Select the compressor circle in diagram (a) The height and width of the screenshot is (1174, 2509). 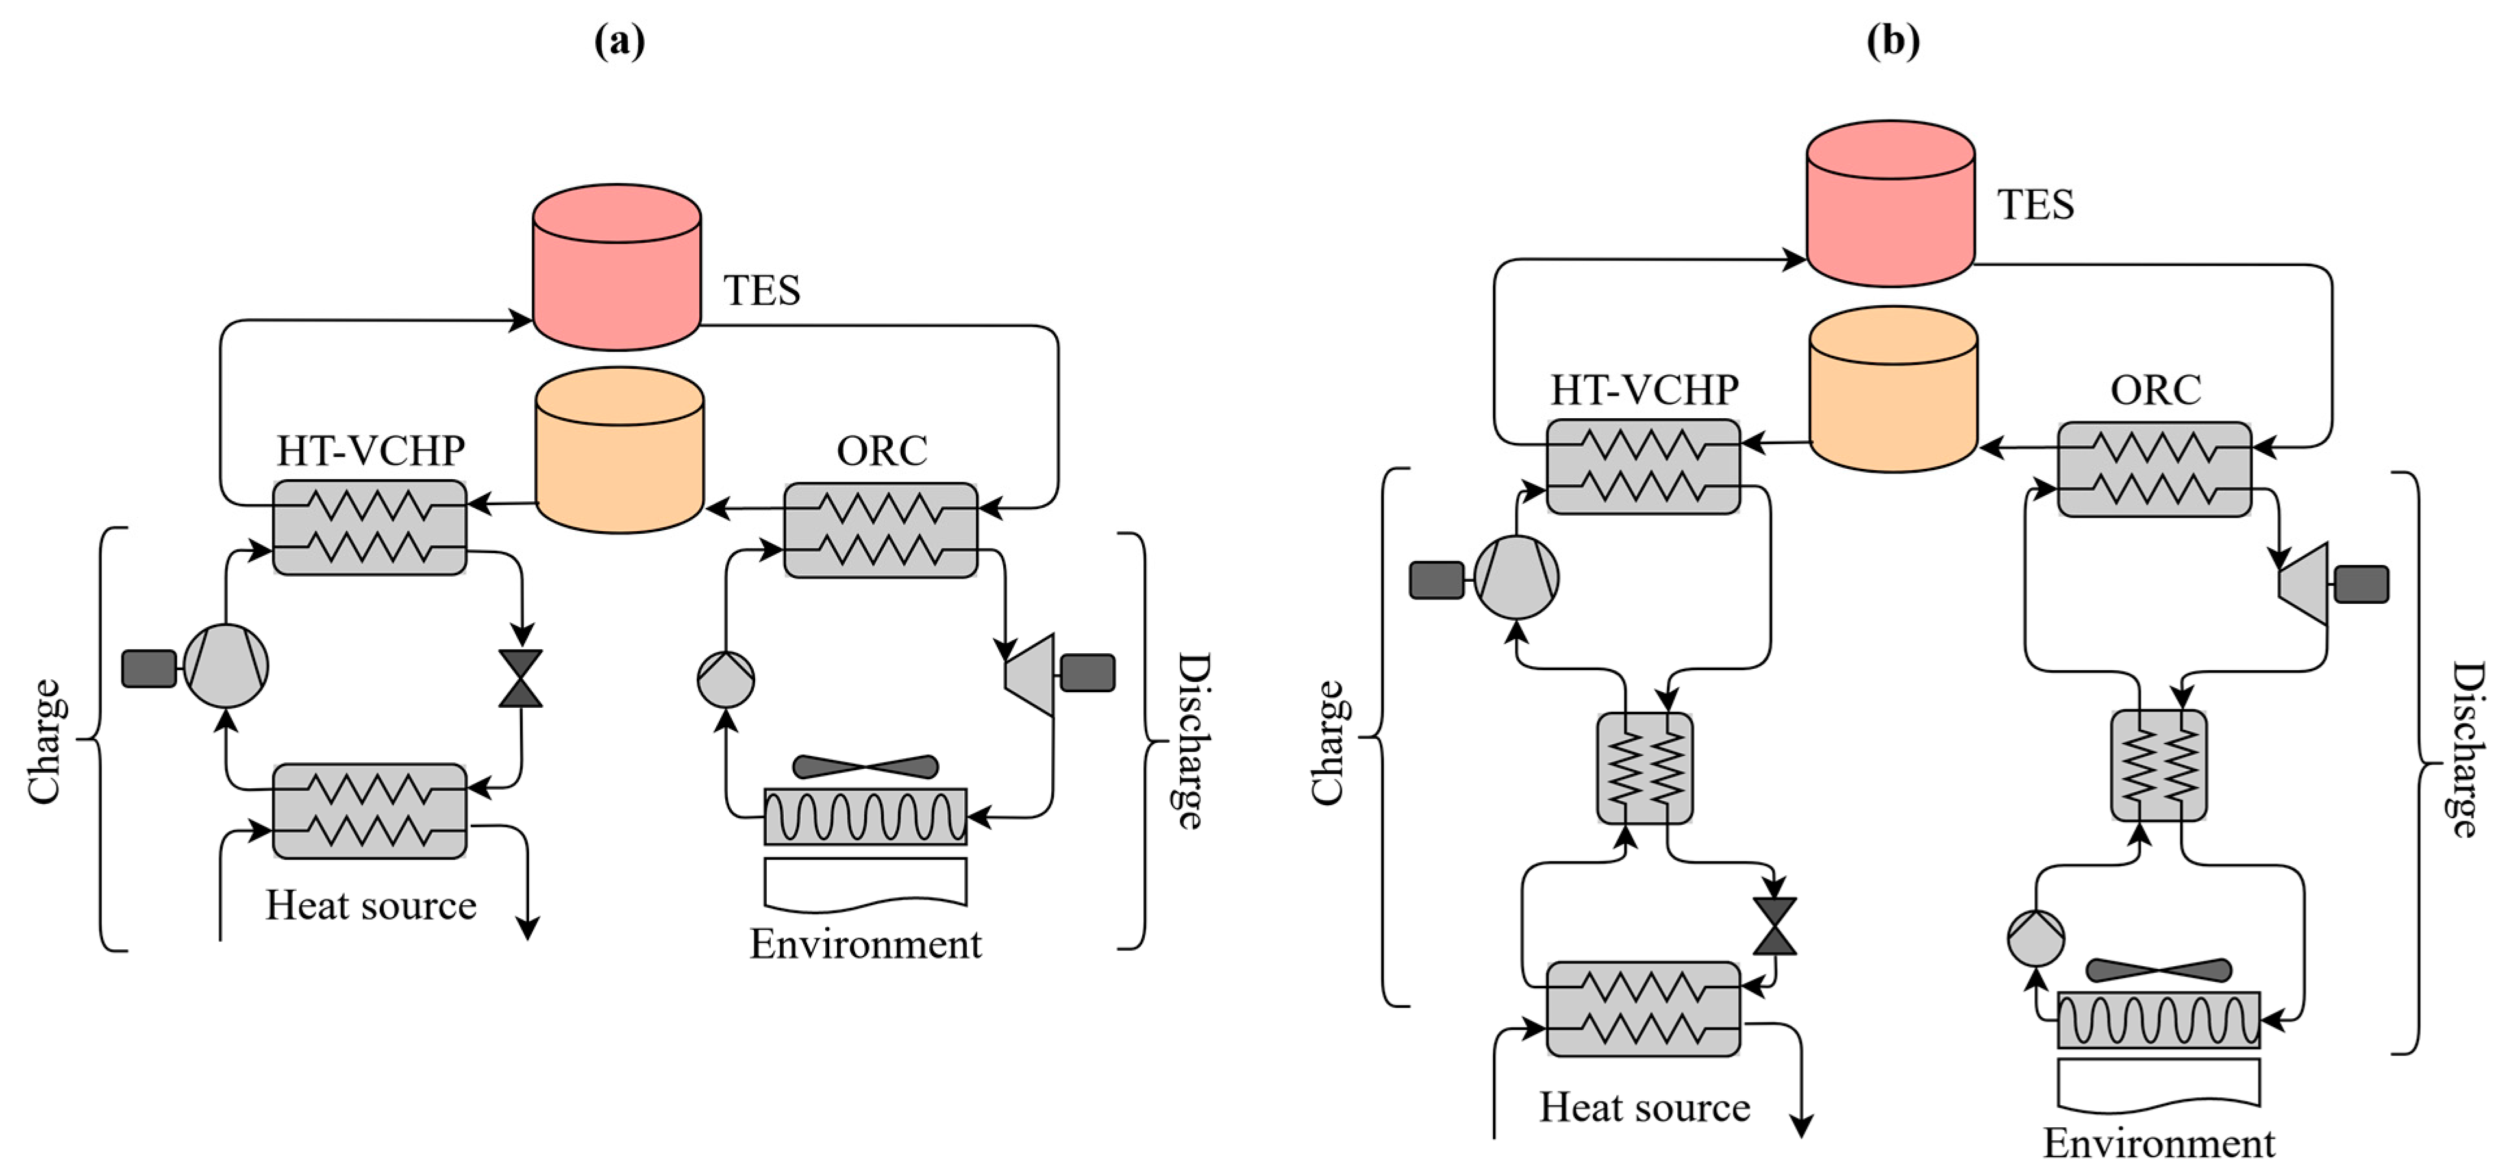226,666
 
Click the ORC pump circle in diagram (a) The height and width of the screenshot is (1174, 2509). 726,679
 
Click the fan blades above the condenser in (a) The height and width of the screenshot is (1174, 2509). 865,767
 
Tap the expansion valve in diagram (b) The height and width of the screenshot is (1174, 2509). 1774,925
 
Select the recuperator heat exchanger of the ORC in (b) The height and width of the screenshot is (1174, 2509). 2158,766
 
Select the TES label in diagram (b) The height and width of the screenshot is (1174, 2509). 2035,205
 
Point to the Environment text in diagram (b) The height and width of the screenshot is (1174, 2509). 2158,1143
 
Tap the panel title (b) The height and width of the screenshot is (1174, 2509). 1891,40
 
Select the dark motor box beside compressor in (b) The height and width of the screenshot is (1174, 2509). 1436,580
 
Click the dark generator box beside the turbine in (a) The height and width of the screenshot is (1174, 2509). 1087,672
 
